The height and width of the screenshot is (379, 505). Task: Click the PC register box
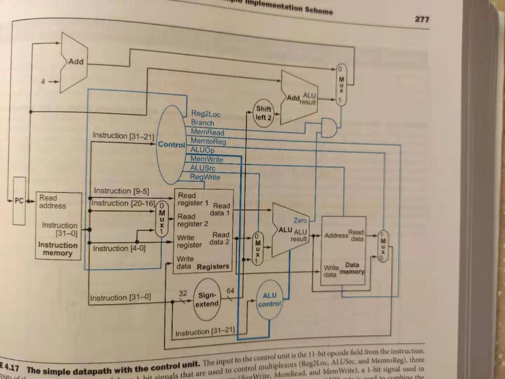[x=19, y=201]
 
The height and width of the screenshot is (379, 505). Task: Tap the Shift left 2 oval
[x=263, y=113]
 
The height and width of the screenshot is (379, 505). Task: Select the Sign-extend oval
[x=206, y=299]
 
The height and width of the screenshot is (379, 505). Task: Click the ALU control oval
[x=269, y=300]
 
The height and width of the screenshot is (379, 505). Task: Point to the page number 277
[x=422, y=19]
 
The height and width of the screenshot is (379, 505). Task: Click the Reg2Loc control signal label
[x=206, y=114]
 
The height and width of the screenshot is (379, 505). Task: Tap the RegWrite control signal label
[x=205, y=177]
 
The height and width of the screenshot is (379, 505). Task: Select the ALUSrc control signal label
[x=202, y=168]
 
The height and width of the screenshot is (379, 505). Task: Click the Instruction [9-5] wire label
[x=121, y=191]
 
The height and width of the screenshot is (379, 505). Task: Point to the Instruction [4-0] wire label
[x=119, y=248]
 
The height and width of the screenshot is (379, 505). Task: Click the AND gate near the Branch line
[x=328, y=128]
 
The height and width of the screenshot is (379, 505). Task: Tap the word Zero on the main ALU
[x=300, y=221]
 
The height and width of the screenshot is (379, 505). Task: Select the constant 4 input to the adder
[x=43, y=82]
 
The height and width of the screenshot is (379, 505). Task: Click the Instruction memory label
[x=58, y=249]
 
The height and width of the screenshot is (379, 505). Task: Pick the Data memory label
[x=352, y=268]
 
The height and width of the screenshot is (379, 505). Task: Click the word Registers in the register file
[x=213, y=267]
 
